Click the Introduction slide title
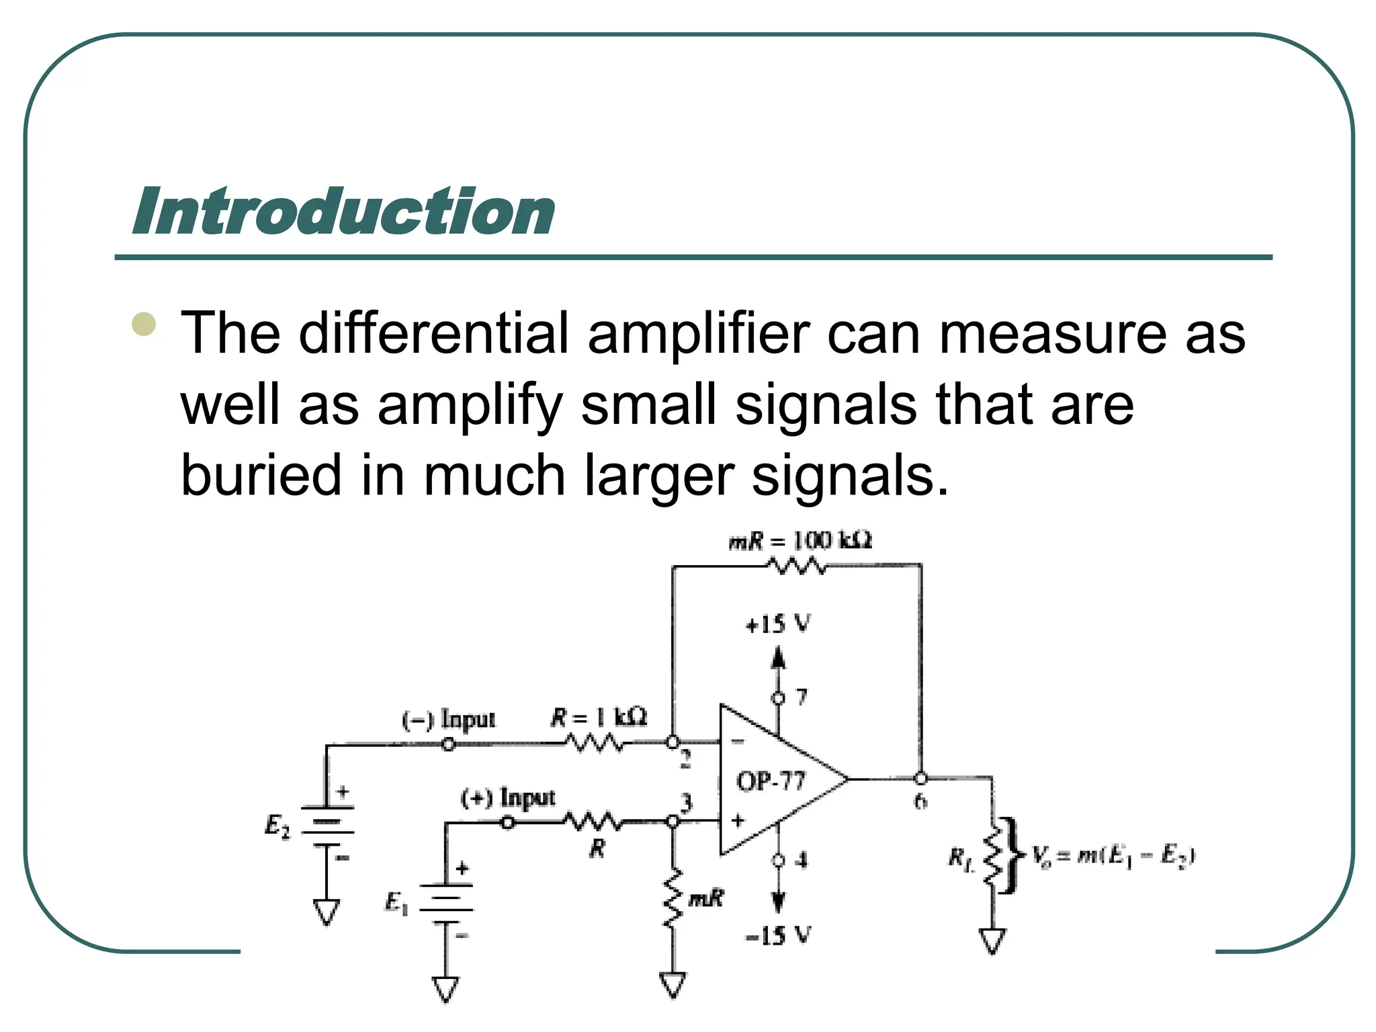point(343,212)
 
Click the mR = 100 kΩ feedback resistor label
point(800,541)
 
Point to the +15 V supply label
point(778,624)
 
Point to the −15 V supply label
point(778,935)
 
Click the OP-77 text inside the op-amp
point(771,781)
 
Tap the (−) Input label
point(448,720)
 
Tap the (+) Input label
point(508,798)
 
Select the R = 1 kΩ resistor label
point(599,718)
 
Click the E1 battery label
point(396,902)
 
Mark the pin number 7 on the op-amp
point(802,697)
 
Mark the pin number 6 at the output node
point(920,801)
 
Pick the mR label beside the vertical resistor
point(706,898)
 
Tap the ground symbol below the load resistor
point(992,941)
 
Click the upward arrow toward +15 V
point(778,658)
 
